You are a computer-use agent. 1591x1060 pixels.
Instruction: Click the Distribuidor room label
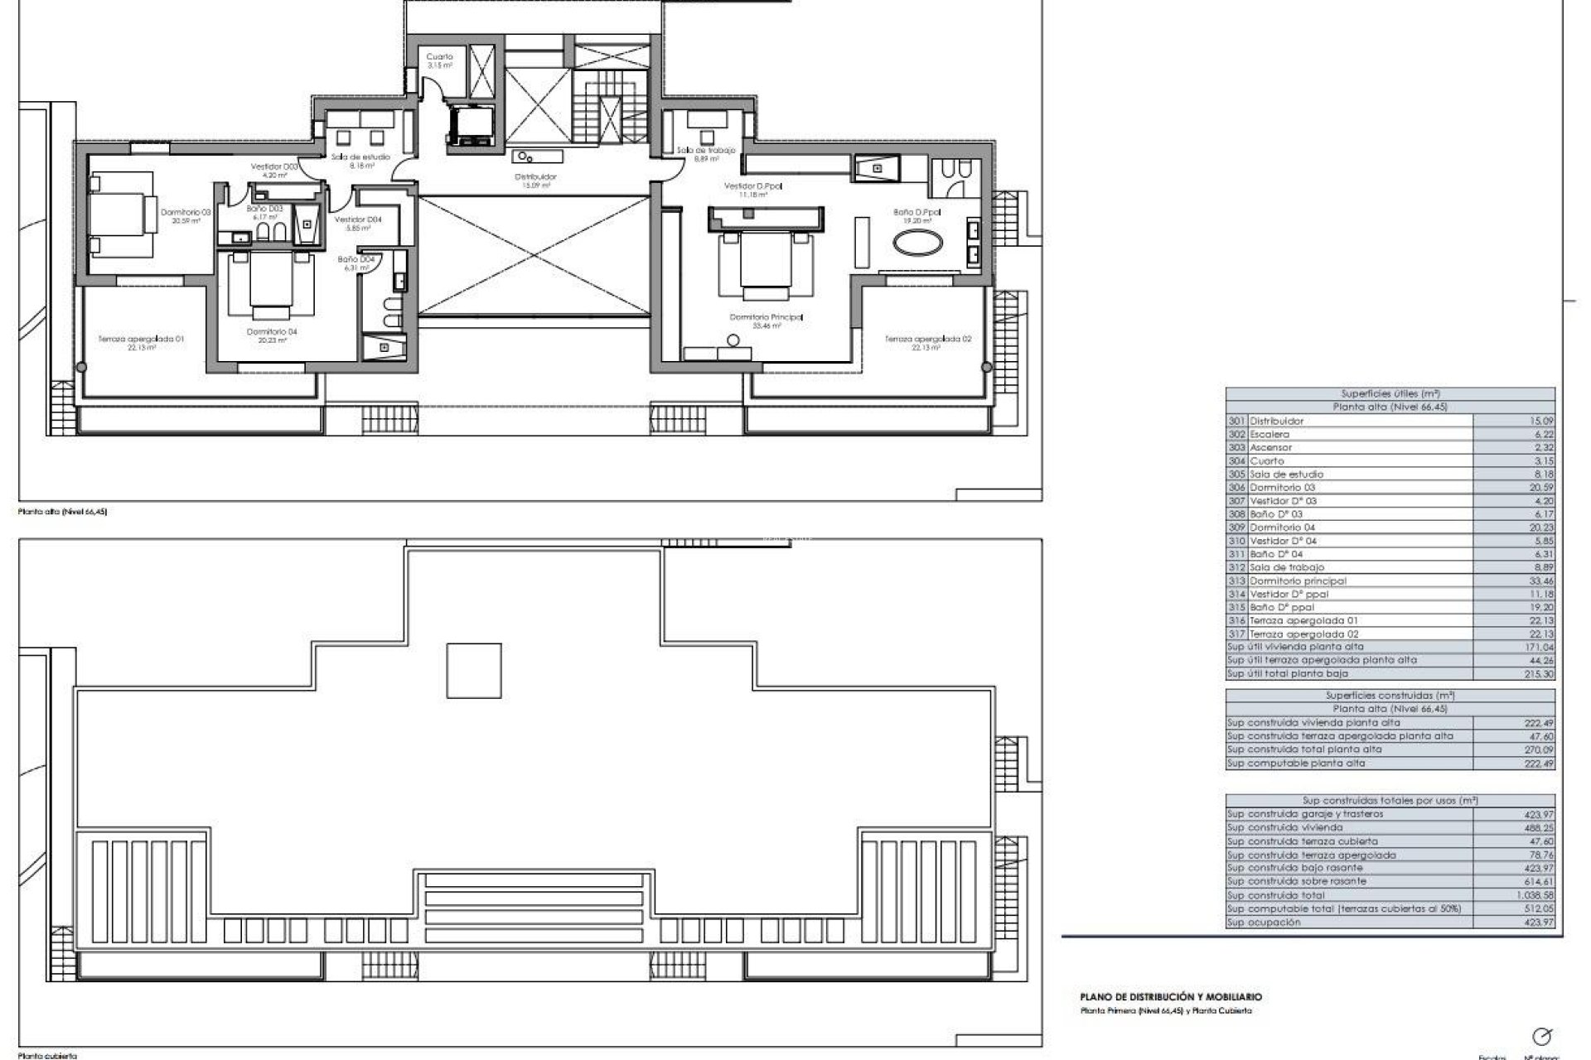(x=535, y=176)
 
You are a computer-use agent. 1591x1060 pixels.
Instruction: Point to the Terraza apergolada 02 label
(x=927, y=339)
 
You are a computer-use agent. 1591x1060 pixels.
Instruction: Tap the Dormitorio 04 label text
(x=271, y=332)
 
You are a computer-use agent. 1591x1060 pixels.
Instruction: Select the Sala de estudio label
(x=361, y=157)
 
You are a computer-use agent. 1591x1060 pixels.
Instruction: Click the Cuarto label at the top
(x=439, y=57)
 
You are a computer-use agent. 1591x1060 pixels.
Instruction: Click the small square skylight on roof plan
(x=474, y=671)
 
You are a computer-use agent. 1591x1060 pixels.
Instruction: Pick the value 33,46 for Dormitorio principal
(x=1539, y=581)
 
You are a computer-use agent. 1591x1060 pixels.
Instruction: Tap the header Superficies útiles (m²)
(x=1389, y=394)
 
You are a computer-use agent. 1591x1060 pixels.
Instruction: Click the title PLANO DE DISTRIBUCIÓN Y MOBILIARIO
(x=1170, y=997)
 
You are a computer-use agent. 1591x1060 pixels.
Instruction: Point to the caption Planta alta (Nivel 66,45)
(x=62, y=512)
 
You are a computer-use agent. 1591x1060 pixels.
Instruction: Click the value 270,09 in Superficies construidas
(x=1538, y=749)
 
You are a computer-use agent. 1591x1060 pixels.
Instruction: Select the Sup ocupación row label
(x=1264, y=922)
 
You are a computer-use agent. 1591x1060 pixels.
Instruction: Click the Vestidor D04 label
(x=358, y=219)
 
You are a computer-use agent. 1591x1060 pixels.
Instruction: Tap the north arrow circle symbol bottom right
(x=1542, y=1036)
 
